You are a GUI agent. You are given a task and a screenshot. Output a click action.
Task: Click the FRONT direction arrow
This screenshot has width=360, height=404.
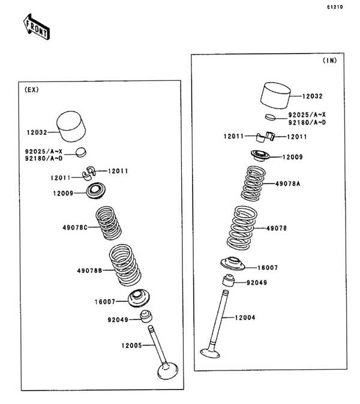pyautogui.click(x=37, y=27)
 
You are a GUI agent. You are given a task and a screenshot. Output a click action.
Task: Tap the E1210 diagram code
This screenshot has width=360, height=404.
pyautogui.click(x=335, y=7)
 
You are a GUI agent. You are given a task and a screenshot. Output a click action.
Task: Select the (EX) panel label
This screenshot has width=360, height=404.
pyautogui.click(x=32, y=90)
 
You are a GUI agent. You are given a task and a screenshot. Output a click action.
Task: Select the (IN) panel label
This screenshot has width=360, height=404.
pyautogui.click(x=330, y=61)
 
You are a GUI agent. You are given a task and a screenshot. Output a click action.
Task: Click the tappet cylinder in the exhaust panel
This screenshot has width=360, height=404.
pyautogui.click(x=71, y=126)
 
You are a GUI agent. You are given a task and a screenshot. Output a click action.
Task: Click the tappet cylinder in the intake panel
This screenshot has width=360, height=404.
pyautogui.click(x=275, y=95)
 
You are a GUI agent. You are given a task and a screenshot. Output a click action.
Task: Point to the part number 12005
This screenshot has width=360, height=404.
pyautogui.click(x=131, y=345)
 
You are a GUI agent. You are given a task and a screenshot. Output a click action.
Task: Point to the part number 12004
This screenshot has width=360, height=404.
pyautogui.click(x=245, y=318)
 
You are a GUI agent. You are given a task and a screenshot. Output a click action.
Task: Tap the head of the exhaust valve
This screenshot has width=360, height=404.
pyautogui.click(x=167, y=370)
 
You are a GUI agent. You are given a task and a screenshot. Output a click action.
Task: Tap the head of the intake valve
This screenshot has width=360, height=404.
pyautogui.click(x=210, y=353)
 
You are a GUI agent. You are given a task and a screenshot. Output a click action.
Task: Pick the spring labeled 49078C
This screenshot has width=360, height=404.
pyautogui.click(x=109, y=222)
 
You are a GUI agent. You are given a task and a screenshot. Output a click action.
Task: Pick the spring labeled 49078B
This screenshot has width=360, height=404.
pyautogui.click(x=125, y=265)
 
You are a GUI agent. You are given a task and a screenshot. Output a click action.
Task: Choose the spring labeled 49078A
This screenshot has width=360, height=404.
pyautogui.click(x=253, y=183)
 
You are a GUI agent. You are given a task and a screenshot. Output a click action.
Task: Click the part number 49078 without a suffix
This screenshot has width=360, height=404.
pyautogui.click(x=277, y=228)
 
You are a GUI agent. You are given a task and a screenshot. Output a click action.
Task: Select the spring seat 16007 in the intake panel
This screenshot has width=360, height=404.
pyautogui.click(x=233, y=264)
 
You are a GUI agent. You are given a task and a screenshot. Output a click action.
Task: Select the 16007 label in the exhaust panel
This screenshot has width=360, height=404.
pyautogui.click(x=105, y=302)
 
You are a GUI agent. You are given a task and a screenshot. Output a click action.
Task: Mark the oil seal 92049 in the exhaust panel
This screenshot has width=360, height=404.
pyautogui.click(x=146, y=316)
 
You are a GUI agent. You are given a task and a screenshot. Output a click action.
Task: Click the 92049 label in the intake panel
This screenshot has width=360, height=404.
pyautogui.click(x=257, y=283)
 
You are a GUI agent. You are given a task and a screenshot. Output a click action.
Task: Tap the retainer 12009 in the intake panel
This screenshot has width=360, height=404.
pyautogui.click(x=260, y=155)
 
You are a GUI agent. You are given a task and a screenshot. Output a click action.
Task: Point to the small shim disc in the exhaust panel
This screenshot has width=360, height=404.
pyautogui.click(x=81, y=152)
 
